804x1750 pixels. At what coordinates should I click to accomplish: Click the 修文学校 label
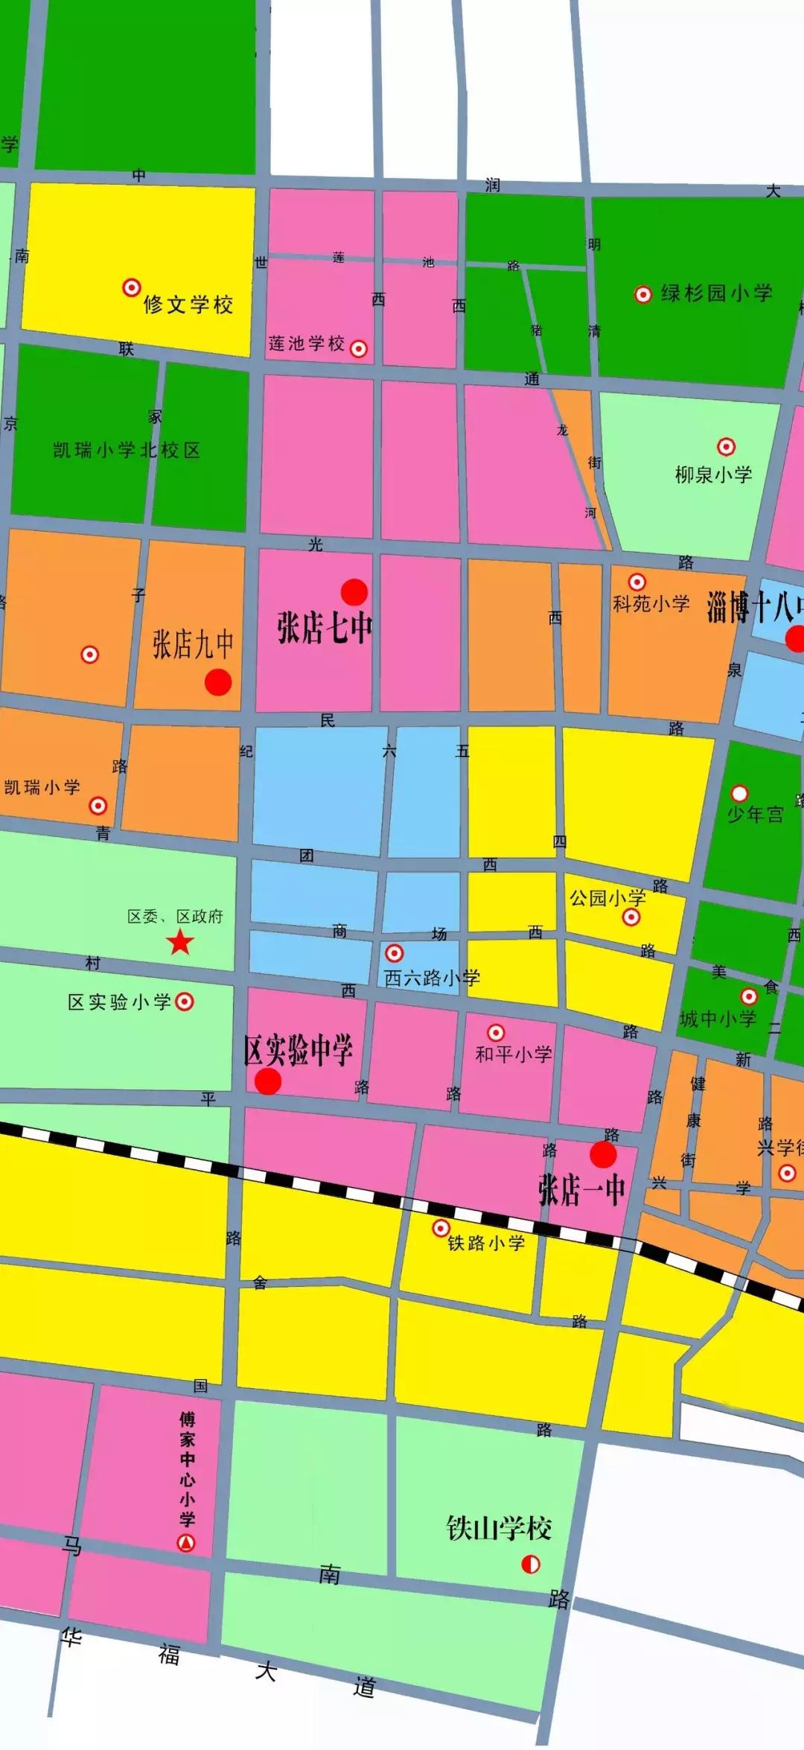tap(188, 304)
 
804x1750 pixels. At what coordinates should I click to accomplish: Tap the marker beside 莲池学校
tap(359, 348)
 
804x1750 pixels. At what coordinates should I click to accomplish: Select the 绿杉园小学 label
tap(716, 293)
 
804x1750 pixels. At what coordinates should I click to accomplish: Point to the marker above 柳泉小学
tap(726, 446)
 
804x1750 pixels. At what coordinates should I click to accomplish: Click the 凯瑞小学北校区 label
tap(127, 450)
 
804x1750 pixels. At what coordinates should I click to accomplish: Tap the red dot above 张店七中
tap(354, 592)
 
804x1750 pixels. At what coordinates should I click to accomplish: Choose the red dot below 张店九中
tap(218, 681)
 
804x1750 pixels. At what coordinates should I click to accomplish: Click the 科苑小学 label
tap(651, 603)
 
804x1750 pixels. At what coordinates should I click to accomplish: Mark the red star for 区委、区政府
tap(180, 943)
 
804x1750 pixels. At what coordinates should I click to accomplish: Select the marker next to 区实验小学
tap(185, 1002)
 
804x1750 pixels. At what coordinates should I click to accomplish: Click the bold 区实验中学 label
tap(298, 1050)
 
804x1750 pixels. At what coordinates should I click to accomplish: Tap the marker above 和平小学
tap(496, 1033)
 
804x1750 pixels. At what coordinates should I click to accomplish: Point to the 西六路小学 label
tap(432, 978)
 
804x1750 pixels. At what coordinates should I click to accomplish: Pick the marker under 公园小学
tap(631, 917)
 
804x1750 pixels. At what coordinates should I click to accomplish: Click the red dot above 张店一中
tap(603, 1154)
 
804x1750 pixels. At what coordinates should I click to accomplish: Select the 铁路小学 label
tap(486, 1243)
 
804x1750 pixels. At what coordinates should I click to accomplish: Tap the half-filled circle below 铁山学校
tap(531, 1564)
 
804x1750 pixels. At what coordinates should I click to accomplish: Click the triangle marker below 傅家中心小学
tap(186, 1542)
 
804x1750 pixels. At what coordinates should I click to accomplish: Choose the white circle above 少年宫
tap(739, 793)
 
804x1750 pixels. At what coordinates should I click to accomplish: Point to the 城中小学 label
tap(718, 1019)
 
